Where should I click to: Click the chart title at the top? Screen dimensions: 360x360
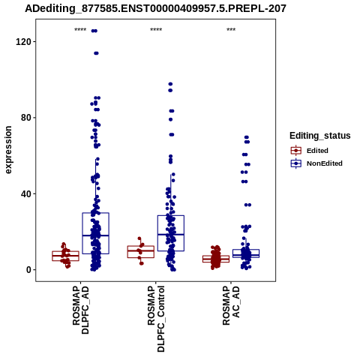click(155, 9)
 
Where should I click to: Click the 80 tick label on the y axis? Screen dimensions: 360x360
click(26, 118)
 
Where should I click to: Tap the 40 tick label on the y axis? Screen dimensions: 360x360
click(26, 193)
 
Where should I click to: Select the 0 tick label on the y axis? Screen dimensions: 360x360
click(28, 270)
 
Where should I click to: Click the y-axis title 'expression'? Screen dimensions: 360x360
click(8, 150)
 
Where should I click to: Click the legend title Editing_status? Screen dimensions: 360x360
click(320, 136)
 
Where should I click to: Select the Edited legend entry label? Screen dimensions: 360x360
click(317, 151)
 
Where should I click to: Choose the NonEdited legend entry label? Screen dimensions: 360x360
click(325, 163)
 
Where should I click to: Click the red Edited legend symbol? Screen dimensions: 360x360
click(296, 151)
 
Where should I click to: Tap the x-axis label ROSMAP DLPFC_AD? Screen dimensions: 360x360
click(80, 310)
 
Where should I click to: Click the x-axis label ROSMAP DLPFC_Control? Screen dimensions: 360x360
click(156, 319)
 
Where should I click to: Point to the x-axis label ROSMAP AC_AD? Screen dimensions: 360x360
click(231, 305)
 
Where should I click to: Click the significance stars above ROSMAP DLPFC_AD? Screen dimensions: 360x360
click(80, 30)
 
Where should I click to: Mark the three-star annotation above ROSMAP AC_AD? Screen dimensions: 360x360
click(231, 30)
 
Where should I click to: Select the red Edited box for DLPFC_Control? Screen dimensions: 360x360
click(141, 252)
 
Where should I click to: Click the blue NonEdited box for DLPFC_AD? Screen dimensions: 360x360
click(95, 233)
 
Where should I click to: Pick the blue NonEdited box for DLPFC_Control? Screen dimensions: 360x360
click(171, 233)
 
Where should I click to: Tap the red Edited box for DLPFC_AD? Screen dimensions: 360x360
click(65, 256)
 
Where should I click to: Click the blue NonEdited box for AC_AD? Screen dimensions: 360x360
click(246, 253)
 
